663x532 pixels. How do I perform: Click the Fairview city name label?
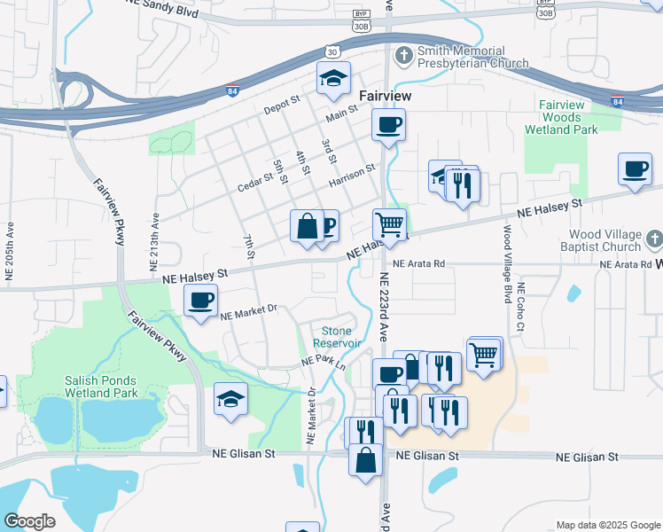[383, 93]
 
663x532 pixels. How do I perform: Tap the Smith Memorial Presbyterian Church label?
[460, 57]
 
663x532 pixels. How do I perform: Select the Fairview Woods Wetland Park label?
[568, 117]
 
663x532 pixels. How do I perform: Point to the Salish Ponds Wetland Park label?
[101, 386]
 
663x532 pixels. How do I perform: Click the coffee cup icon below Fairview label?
[388, 125]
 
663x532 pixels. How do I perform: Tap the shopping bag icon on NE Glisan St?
[366, 460]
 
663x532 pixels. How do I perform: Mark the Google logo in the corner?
[30, 521]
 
